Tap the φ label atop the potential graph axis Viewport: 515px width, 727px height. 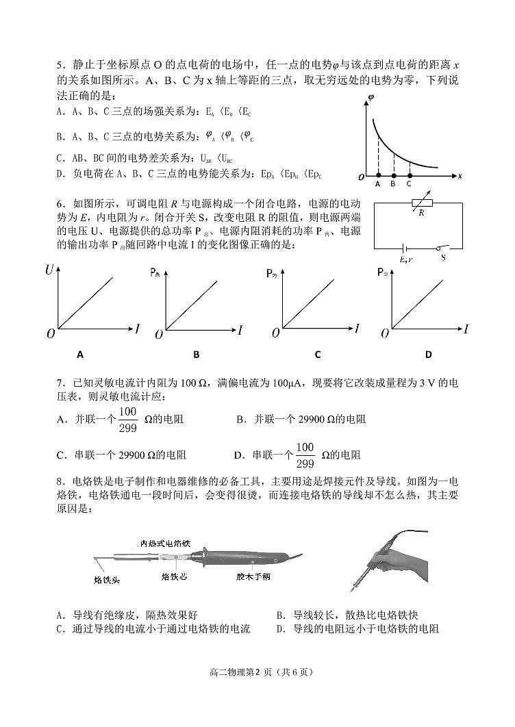(x=370, y=97)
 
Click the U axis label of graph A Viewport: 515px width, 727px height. (x=49, y=271)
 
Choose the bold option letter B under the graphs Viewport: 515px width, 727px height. (x=197, y=355)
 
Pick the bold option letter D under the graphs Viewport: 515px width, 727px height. (x=428, y=355)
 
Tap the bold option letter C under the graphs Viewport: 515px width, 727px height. (x=318, y=355)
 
